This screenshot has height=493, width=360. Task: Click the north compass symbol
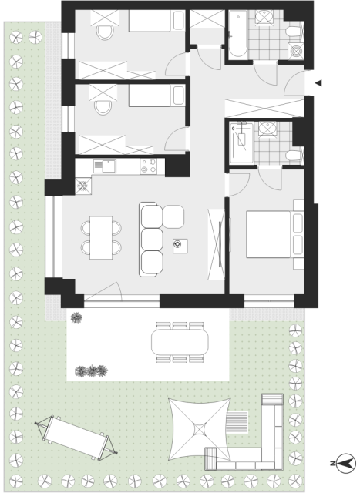pyautogui.click(x=346, y=463)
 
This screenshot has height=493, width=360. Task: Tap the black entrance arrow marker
pyautogui.click(x=318, y=83)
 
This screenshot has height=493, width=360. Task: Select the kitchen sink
pyautogui.click(x=105, y=166)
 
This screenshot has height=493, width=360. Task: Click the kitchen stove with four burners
pyautogui.click(x=149, y=166)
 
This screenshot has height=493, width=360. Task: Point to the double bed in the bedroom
pyautogui.click(x=268, y=234)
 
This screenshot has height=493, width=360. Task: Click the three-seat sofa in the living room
pyautogui.click(x=151, y=240)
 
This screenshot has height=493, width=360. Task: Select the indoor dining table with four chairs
pyautogui.click(x=101, y=238)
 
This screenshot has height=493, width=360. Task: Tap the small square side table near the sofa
pyautogui.click(x=180, y=246)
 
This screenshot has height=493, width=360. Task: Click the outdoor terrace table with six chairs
pyautogui.click(x=180, y=342)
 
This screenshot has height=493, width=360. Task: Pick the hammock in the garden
pyautogui.click(x=76, y=438)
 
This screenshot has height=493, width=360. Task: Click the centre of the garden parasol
pyautogui.click(x=200, y=429)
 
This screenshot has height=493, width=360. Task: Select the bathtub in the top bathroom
pyautogui.click(x=237, y=35)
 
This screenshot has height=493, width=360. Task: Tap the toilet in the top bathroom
pyautogui.click(x=294, y=32)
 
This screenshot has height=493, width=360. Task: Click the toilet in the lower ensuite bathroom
pyautogui.click(x=294, y=156)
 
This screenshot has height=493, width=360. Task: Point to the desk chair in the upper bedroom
pyautogui.click(x=105, y=32)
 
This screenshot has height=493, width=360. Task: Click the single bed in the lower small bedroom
pyautogui.click(x=156, y=96)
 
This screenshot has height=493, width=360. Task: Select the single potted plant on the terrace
pyautogui.click(x=76, y=317)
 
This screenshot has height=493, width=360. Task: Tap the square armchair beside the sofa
pyautogui.click(x=173, y=216)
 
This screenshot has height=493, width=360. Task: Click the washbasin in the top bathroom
pyautogui.click(x=264, y=17)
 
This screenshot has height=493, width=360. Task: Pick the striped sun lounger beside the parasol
pyautogui.click(x=237, y=421)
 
